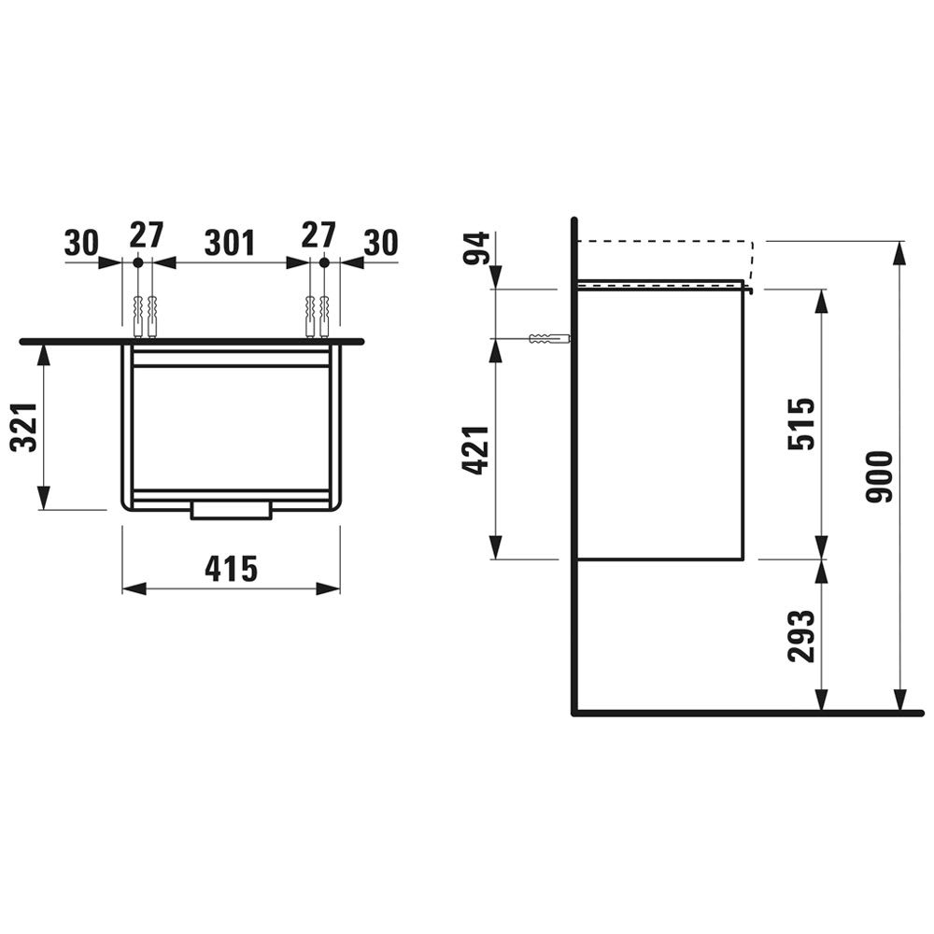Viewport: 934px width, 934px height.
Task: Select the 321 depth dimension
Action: [25, 427]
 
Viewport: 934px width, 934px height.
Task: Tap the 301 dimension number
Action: [230, 243]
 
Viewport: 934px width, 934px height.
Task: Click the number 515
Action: [800, 423]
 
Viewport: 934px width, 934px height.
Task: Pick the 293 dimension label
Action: [800, 635]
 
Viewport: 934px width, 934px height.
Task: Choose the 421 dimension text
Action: [476, 450]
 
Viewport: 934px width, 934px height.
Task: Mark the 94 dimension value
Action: [477, 248]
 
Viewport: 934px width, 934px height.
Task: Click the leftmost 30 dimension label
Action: [81, 243]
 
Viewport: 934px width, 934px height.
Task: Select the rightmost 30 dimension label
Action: [381, 243]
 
